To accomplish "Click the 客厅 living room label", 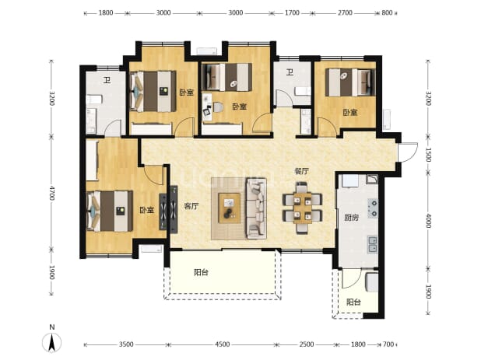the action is tap(191, 206).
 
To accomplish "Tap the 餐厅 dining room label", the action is tap(301, 171).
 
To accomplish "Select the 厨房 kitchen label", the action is tap(351, 218).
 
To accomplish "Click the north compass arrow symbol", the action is tap(52, 342).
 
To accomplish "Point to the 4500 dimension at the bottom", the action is tap(222, 344).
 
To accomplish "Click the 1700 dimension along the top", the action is tap(292, 13).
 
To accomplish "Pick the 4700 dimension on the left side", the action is tap(51, 193).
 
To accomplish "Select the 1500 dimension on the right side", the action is tap(429, 155).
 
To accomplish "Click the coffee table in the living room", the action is tap(229, 208).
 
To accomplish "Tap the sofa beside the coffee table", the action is tap(256, 208).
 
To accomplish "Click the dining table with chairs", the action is tap(302, 208).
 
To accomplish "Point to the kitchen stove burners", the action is tap(373, 208).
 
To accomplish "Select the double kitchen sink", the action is tap(373, 244).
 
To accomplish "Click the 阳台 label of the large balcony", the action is tap(202, 272).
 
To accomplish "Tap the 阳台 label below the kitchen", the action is tap(353, 302).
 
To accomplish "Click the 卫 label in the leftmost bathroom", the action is tap(107, 81).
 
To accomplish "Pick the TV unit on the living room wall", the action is tap(174, 210).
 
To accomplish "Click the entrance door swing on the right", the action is tap(408, 152).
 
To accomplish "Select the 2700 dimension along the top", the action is tap(345, 13).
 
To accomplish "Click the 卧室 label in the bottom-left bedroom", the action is tap(146, 210).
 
